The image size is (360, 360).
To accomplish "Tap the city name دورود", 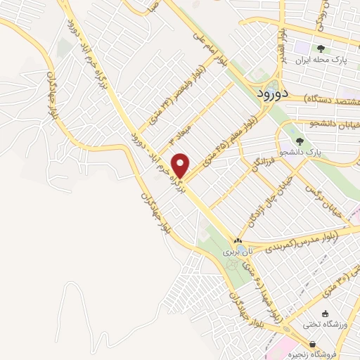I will click(269, 93).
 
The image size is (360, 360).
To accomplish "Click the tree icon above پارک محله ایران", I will click(321, 49).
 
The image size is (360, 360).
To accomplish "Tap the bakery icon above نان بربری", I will click(238, 240).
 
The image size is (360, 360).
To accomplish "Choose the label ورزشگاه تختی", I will click(321, 325).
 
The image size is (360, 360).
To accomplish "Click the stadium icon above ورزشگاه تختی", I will click(324, 314).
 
